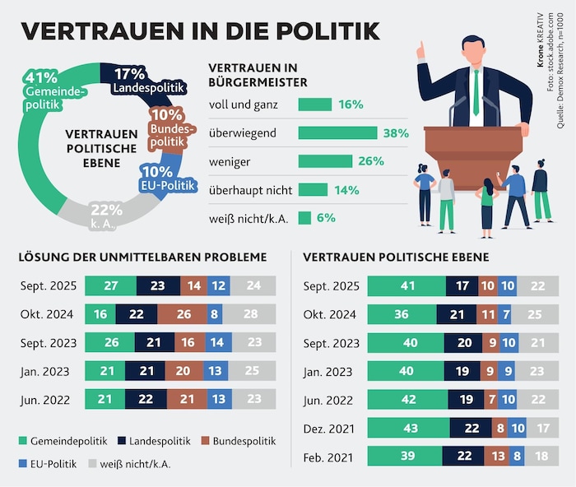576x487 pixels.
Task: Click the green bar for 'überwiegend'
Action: (x=337, y=132)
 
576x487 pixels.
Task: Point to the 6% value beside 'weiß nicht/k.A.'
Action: (x=326, y=218)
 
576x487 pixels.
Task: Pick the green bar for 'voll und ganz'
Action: (x=314, y=104)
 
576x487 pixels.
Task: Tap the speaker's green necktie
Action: (x=475, y=90)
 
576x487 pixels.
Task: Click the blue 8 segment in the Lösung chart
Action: (x=216, y=314)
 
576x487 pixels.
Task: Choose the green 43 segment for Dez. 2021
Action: (x=410, y=428)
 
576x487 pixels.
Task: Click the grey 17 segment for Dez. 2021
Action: (x=541, y=428)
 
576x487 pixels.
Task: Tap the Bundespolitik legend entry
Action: (x=235, y=442)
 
